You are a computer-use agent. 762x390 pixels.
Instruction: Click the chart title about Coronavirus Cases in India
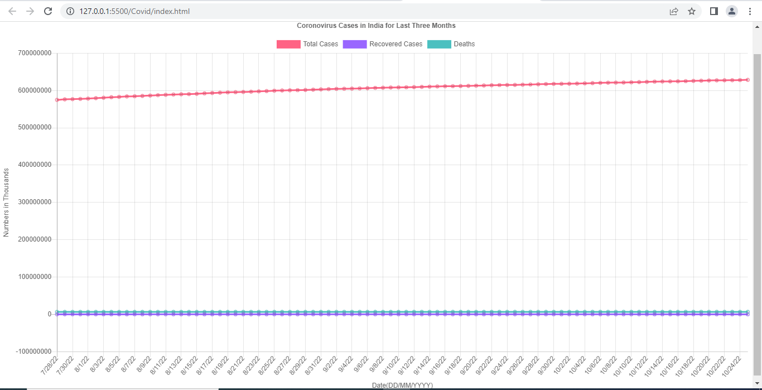376,26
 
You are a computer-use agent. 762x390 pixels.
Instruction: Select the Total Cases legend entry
307,44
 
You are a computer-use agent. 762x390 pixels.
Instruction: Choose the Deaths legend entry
451,44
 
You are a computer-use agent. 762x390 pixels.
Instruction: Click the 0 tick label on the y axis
50,314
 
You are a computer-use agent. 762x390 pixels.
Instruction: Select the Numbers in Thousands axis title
6,203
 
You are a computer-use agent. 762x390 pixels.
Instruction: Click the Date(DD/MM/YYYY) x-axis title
402,386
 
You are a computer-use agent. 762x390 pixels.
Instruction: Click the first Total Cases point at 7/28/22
57,100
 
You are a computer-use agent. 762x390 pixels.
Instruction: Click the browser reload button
48,11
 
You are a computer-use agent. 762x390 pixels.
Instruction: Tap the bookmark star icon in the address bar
692,11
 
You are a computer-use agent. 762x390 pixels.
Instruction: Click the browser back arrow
12,11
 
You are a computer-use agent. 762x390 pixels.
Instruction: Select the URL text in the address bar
134,11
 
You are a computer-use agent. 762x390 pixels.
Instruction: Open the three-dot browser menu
750,11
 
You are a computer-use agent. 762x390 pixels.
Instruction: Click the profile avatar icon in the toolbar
731,11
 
